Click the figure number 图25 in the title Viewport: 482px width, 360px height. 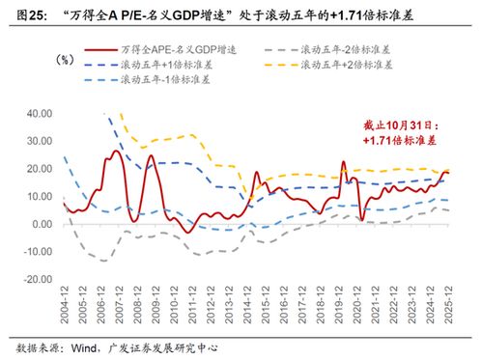coord(26,14)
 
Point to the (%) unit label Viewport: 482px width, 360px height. coord(66,60)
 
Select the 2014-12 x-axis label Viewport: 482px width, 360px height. coord(246,308)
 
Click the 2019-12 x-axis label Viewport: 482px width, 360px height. coord(337,308)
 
